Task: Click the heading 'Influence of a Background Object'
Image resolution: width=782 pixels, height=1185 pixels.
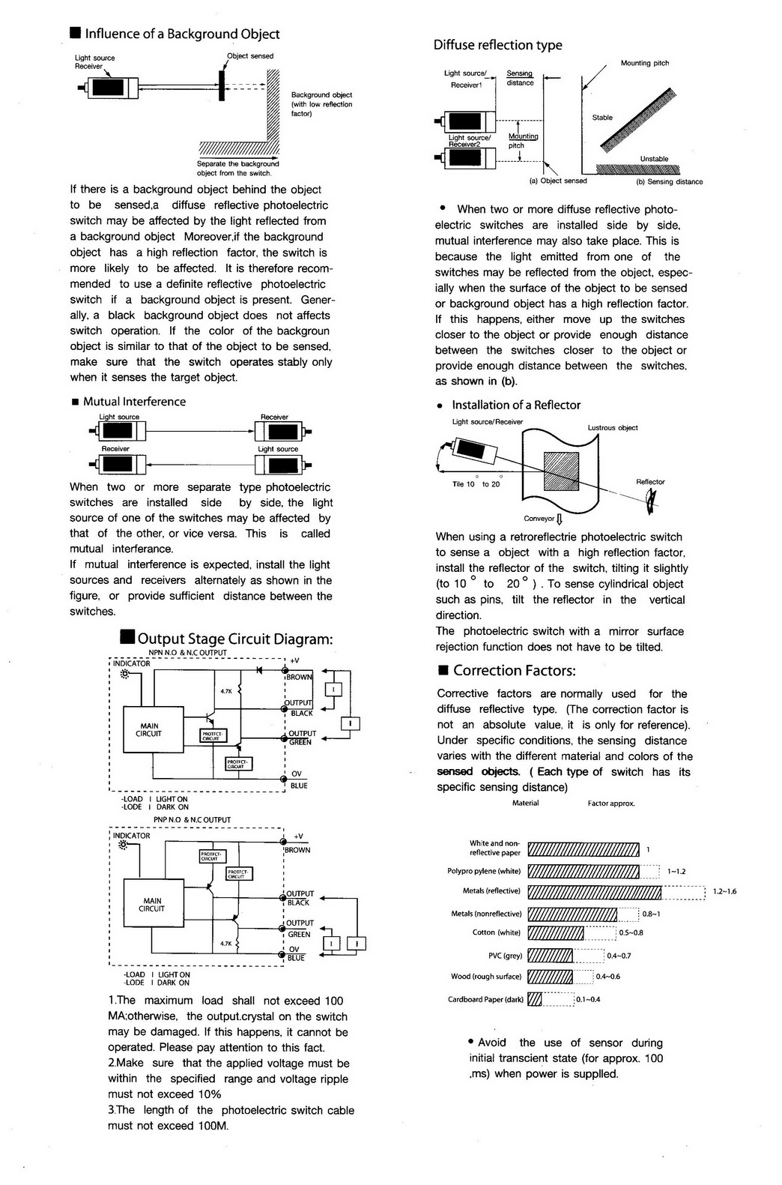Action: coord(182,34)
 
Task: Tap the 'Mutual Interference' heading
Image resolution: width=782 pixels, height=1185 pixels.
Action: coord(134,402)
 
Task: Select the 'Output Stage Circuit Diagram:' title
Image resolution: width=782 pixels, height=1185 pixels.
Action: coord(234,639)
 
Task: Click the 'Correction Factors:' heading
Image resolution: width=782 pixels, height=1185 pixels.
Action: coord(514,671)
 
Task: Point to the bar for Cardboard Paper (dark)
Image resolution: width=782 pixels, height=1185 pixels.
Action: coord(535,999)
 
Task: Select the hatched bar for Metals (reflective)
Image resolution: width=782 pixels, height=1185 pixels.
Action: coord(595,892)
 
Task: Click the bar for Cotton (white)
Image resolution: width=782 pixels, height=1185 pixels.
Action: coord(556,933)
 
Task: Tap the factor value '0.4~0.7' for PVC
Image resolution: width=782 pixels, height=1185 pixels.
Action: coord(619,956)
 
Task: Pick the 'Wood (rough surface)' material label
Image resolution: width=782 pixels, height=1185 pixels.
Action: coord(485,977)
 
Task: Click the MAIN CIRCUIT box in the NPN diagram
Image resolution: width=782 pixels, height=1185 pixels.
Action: coord(153,729)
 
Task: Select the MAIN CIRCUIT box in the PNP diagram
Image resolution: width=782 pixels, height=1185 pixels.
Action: coord(153,905)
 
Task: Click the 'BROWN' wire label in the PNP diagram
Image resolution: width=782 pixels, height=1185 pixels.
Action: coord(297,850)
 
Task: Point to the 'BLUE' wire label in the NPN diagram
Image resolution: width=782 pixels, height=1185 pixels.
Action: coord(299,786)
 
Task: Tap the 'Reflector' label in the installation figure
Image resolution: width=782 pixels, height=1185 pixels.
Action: coord(650,482)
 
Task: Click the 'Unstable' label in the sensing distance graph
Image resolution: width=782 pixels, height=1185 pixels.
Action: coord(654,159)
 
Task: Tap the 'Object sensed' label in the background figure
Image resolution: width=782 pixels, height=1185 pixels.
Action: coord(250,56)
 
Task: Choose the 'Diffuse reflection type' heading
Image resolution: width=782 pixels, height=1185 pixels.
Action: coord(497,45)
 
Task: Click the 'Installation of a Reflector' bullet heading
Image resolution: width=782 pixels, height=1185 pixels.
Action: coord(516,405)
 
